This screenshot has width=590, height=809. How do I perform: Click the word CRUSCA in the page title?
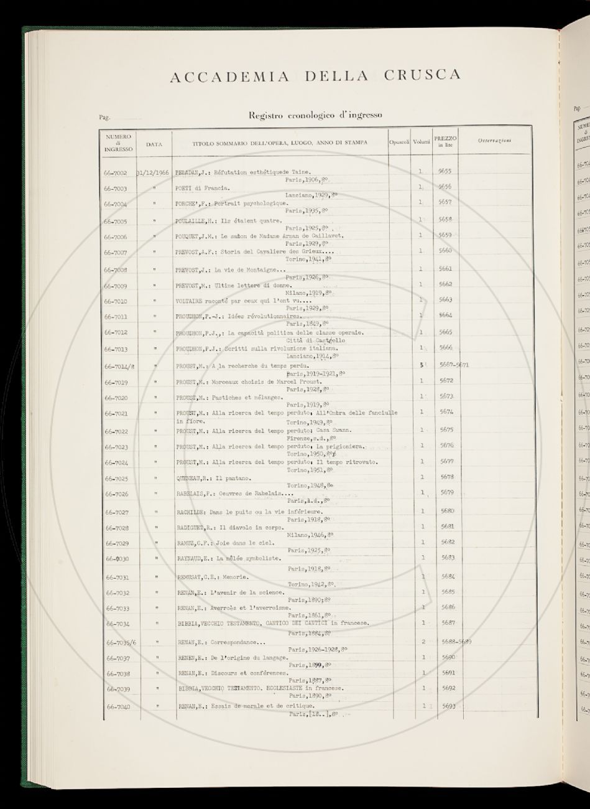(x=423, y=75)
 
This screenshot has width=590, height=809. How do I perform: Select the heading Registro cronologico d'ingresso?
(x=315, y=115)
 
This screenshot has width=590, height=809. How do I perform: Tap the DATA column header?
(x=154, y=144)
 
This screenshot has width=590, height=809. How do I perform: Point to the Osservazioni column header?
(x=495, y=141)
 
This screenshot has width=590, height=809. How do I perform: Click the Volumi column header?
(x=422, y=143)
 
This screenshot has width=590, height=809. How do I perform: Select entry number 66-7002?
(x=116, y=173)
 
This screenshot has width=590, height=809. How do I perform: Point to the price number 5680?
(x=448, y=511)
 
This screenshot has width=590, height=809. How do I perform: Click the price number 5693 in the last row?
(x=448, y=706)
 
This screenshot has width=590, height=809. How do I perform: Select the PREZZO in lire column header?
(x=445, y=141)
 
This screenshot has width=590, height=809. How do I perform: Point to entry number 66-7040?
(x=118, y=708)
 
